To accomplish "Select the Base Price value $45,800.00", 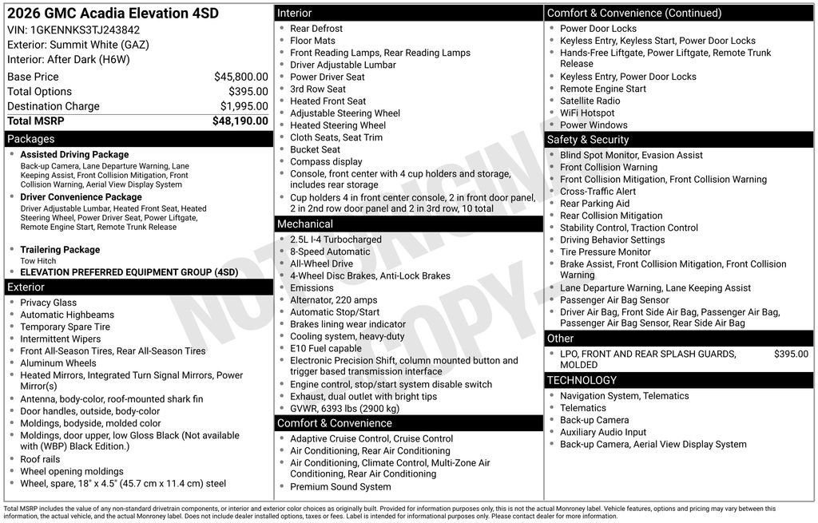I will (240, 77).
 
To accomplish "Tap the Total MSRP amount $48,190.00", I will (240, 121).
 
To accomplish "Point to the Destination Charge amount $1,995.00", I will (244, 106).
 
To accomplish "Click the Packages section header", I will (31, 139).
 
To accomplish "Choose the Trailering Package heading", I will (60, 250).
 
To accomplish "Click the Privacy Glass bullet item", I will (48, 303).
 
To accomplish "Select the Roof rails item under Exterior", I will (40, 459).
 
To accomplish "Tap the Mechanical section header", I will (305, 224).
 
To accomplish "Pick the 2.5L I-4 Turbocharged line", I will (336, 240).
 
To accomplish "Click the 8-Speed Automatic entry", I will (330, 252).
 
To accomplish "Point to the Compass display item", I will (326, 161).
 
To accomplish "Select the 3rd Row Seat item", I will (318, 89).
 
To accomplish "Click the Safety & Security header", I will (588, 140).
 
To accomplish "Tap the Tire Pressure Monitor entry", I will (606, 252).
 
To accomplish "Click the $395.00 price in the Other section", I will (791, 354).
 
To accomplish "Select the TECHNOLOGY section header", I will (582, 380).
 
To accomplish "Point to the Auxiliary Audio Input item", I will (603, 432).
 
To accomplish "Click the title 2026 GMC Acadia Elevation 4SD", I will (113, 14).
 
